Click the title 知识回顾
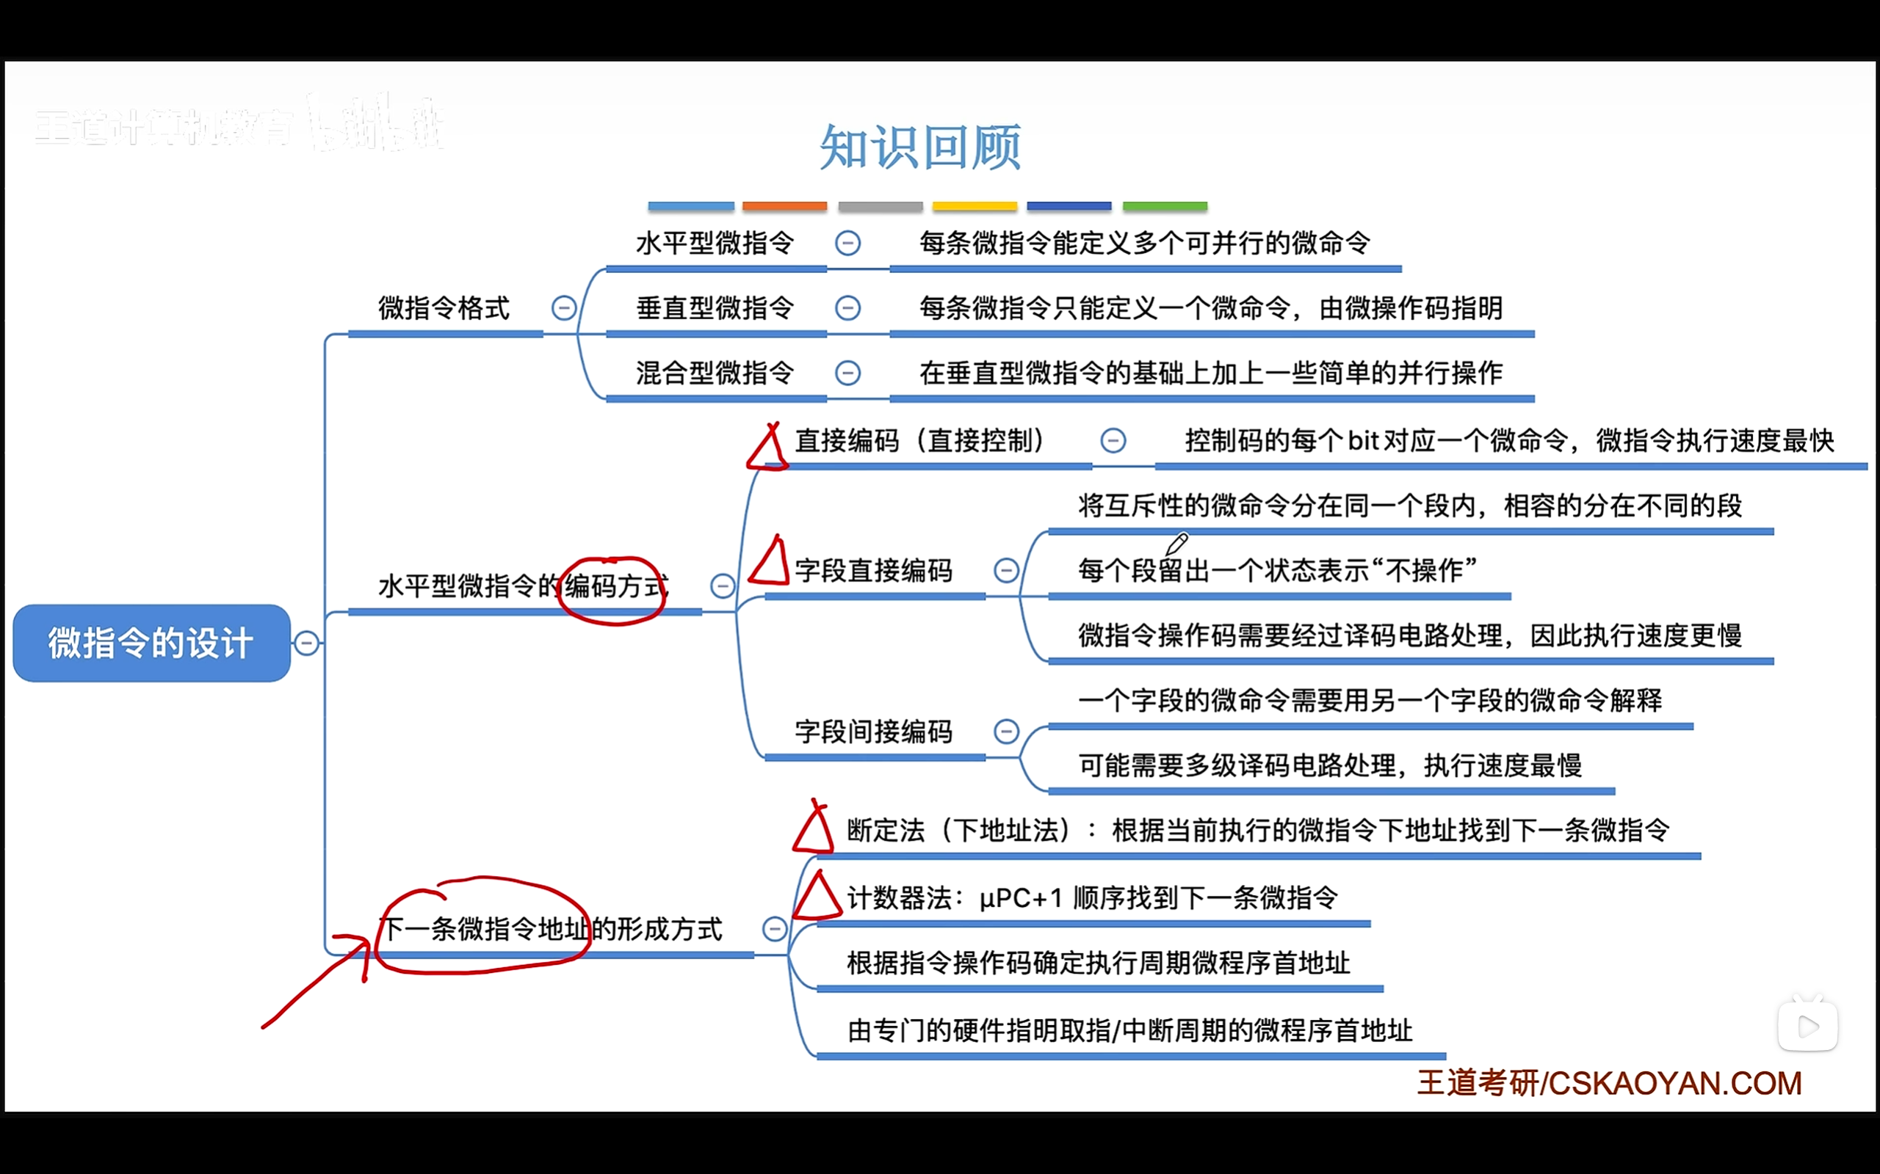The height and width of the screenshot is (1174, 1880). (921, 147)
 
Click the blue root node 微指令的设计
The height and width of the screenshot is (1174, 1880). (151, 643)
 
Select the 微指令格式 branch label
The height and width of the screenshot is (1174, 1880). (444, 308)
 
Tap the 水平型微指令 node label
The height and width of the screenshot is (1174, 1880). (715, 243)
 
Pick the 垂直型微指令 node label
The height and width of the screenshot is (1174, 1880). (715, 308)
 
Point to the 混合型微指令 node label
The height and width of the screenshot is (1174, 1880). (715, 373)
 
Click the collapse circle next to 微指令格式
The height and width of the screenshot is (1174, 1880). (564, 308)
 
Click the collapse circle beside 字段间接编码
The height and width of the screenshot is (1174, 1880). (1006, 732)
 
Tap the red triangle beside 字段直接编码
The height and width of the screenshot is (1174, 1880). (770, 561)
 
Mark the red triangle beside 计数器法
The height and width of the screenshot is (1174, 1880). (817, 897)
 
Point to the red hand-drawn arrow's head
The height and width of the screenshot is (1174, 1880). (364, 942)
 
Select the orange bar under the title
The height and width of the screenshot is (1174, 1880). (784, 206)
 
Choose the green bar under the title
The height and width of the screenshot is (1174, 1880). (1165, 206)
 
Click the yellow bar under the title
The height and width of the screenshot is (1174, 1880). (975, 206)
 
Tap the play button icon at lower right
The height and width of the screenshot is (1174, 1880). (1808, 1027)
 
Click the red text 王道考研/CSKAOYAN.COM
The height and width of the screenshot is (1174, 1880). (1609, 1083)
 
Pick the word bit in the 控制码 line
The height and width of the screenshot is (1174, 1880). (1364, 441)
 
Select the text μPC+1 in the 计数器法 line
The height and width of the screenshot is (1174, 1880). (1020, 898)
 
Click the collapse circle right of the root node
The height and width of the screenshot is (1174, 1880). (307, 643)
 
